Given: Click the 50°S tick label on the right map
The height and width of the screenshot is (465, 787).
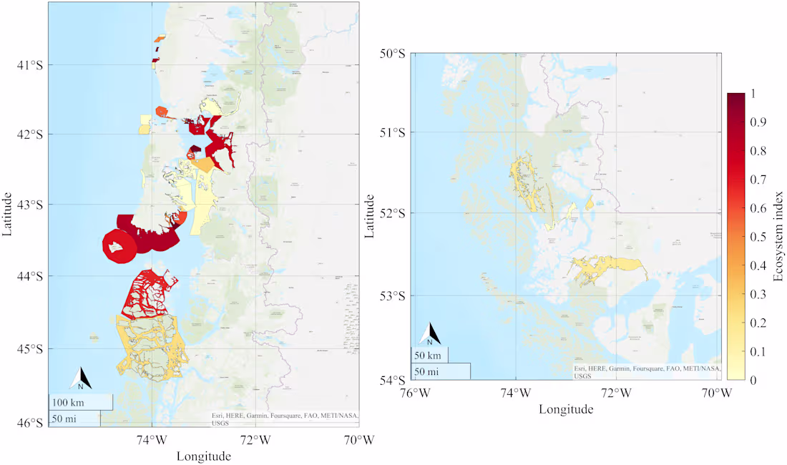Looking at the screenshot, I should (391, 54).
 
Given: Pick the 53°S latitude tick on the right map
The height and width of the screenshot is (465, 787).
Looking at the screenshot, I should (391, 295).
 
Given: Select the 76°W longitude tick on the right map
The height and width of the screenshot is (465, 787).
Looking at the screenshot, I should (415, 392).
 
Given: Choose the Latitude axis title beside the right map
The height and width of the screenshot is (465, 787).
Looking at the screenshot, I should (371, 215).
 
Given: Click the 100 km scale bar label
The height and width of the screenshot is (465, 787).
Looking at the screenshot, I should (69, 402).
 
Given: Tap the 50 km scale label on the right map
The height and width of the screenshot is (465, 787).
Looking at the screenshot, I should (430, 355).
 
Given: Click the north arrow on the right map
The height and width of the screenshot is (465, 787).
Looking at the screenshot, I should (429, 333).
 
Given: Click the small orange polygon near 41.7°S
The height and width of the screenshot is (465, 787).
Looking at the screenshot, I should (161, 111).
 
